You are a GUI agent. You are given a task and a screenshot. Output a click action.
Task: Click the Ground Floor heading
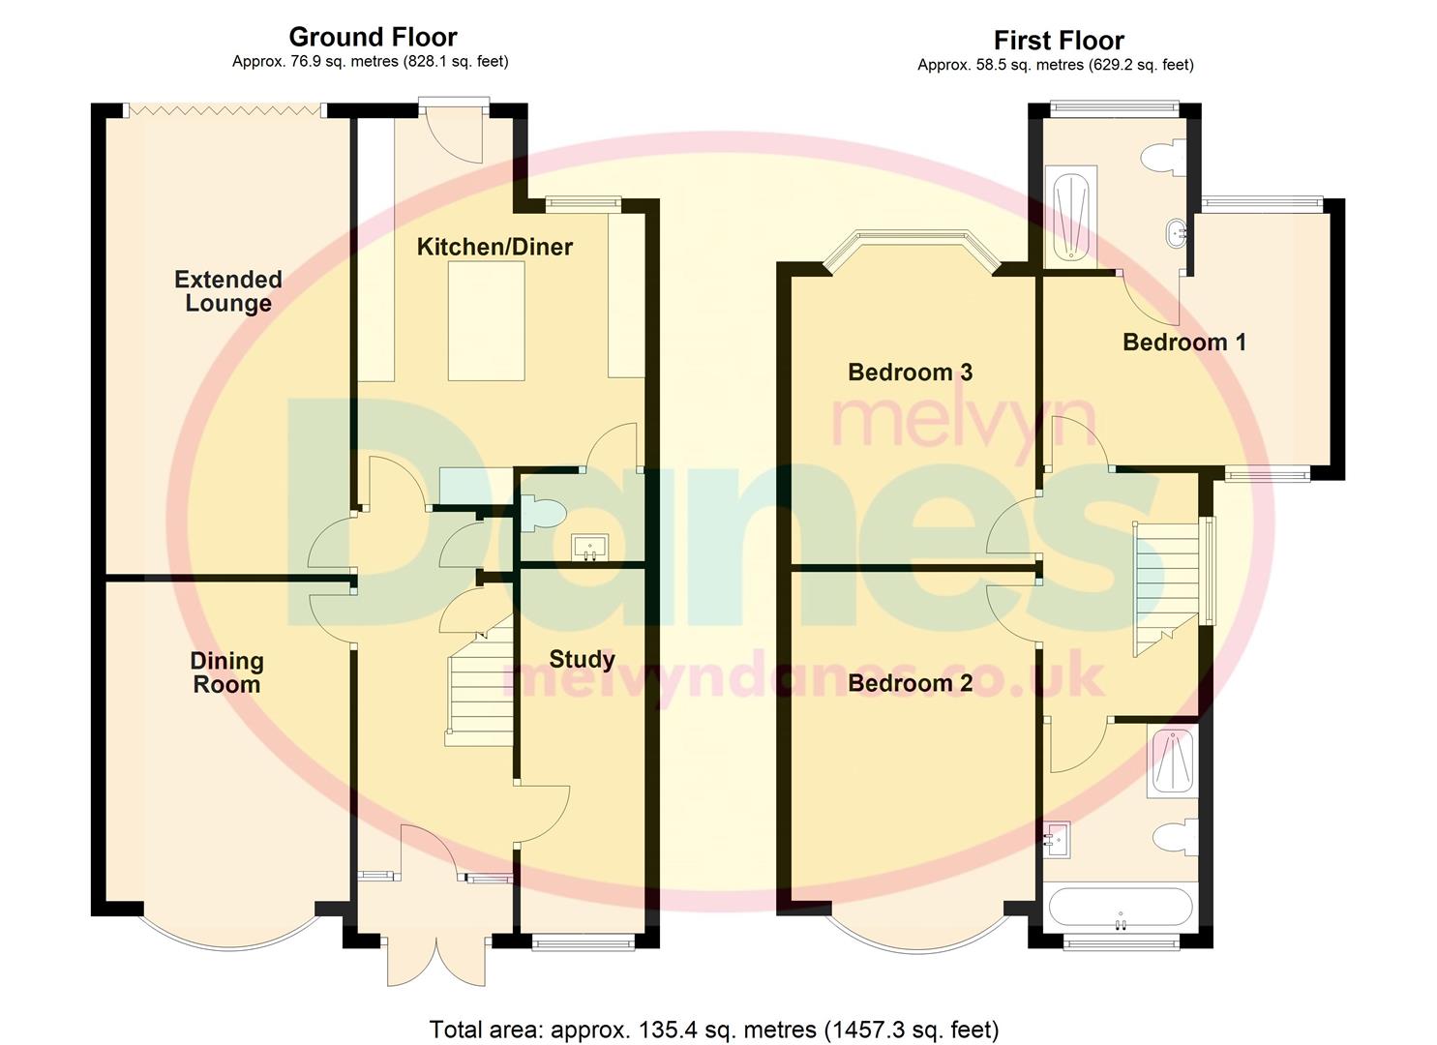(373, 37)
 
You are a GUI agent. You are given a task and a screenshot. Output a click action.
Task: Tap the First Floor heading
(1059, 41)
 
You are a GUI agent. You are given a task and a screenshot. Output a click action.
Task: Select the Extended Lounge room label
(228, 291)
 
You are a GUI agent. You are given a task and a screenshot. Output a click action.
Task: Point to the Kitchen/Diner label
(494, 247)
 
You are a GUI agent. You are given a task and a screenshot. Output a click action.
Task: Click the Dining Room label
(227, 672)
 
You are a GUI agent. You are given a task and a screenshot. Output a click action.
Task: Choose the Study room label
(582, 660)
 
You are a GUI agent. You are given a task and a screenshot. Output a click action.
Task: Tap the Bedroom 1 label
(1184, 342)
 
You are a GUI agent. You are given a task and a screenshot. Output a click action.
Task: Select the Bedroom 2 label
(911, 683)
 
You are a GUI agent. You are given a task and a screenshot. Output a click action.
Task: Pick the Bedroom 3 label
(911, 373)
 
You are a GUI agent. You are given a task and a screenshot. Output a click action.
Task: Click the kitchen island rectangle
(487, 320)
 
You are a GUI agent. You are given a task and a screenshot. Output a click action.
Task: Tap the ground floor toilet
(542, 513)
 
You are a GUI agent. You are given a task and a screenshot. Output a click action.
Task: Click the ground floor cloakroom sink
(590, 548)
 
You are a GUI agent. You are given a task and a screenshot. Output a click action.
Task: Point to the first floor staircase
(1166, 588)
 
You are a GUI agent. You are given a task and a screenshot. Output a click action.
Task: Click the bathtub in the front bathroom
(1121, 907)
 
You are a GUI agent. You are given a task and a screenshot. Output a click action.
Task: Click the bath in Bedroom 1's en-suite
(1070, 217)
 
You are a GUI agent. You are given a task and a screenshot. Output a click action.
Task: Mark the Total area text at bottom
(714, 1012)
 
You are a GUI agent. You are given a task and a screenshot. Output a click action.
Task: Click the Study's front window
(584, 941)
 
